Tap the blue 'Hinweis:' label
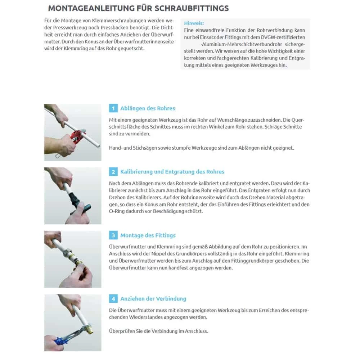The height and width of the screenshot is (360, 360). coord(194,23)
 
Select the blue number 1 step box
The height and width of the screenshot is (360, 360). coord(113,108)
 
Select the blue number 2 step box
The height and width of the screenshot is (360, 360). coord(113,172)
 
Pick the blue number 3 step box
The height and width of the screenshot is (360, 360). coord(113,235)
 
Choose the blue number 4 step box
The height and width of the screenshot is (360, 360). coord(113,299)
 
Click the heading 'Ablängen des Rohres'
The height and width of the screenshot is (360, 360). coord(148,108)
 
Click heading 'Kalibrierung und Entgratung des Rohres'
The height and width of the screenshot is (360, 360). coord(172,172)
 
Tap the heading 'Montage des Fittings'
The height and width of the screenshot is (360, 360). coord(148,235)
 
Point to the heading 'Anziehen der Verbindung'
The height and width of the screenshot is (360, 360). coord(153,299)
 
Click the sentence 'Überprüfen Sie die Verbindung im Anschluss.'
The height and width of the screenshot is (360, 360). coord(158,331)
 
